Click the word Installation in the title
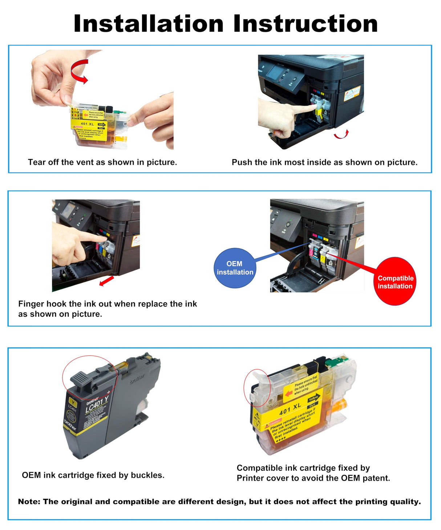pos(148,24)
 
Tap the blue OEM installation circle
pos(235,268)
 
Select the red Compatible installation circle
pos(395,282)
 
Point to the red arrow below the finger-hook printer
pos(106,281)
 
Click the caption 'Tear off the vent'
pos(102,162)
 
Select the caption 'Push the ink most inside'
pos(324,162)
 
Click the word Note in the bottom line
pos(29,502)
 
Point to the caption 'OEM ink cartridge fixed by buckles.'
pos(93,475)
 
